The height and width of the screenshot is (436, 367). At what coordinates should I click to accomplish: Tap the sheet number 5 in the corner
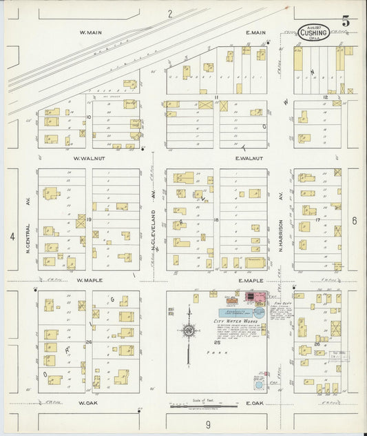346,21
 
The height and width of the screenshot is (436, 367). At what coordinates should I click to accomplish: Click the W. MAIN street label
91,32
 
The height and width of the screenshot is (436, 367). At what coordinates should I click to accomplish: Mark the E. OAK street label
254,402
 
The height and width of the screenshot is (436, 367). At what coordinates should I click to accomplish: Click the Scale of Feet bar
198,406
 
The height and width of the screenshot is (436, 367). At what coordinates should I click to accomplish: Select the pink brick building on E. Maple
260,298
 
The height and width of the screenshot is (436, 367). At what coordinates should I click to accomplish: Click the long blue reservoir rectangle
235,313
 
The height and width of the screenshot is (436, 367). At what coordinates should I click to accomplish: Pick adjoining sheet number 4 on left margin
12,237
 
